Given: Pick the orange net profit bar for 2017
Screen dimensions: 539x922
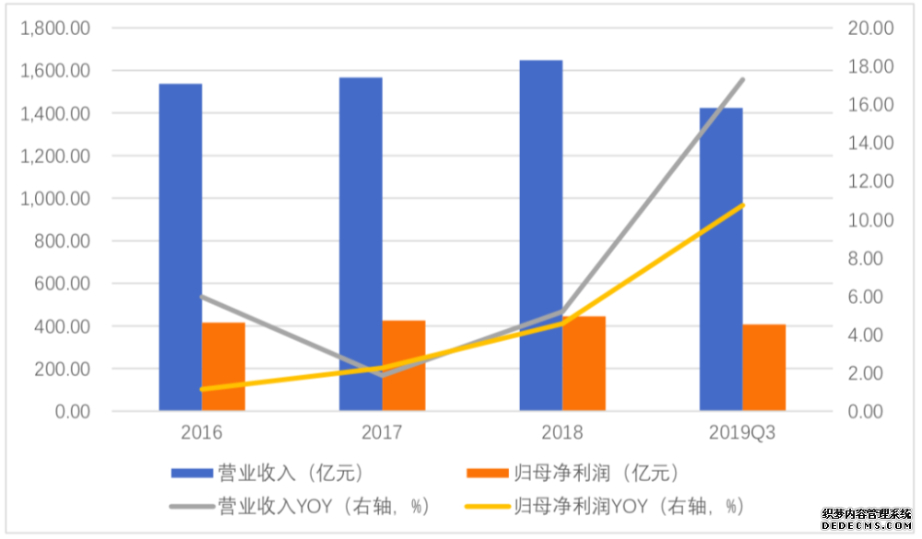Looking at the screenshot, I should [404, 365].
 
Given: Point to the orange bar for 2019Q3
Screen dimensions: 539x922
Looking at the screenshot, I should [764, 367].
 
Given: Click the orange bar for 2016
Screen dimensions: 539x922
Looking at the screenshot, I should [223, 366].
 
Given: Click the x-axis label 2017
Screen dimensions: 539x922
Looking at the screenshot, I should [381, 433].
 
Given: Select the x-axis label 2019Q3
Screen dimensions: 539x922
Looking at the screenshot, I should [742, 433].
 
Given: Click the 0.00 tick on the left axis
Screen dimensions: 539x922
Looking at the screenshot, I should [68, 411].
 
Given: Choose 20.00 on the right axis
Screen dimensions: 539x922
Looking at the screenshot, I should [870, 29].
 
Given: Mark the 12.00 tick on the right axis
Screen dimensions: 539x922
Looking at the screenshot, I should [870, 182].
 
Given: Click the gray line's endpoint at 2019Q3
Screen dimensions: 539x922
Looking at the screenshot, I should [743, 80].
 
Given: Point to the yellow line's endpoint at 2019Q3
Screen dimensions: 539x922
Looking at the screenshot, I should [743, 205].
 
